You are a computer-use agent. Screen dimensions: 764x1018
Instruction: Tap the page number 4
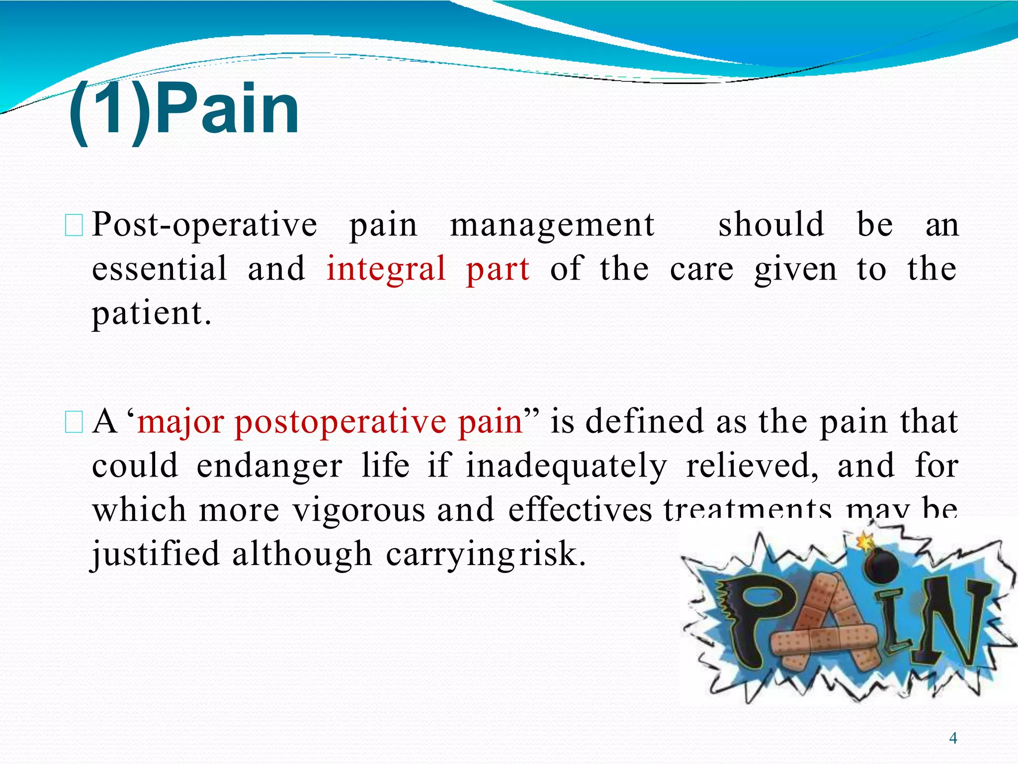(953, 738)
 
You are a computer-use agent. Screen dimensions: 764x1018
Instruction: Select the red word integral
(386, 269)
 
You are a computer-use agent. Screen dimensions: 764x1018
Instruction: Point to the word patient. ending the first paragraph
(152, 313)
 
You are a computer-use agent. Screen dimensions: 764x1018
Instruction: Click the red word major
(180, 422)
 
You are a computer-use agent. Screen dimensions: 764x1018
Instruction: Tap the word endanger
(269, 466)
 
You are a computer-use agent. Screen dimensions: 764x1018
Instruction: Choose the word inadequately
(566, 466)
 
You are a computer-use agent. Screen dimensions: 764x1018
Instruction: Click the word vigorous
(358, 510)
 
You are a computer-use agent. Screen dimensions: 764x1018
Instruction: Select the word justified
(155, 554)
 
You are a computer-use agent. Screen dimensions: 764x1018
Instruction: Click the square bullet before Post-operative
(74, 225)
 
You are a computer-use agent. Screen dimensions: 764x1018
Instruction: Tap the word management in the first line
(552, 225)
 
